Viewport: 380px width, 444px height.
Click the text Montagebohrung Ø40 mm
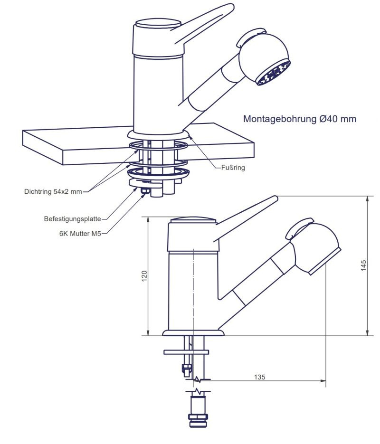299,119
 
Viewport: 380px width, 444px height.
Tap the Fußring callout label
233,167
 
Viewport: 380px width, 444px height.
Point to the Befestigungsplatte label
72,219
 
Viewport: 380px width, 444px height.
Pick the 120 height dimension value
144,276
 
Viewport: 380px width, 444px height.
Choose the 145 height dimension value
363,265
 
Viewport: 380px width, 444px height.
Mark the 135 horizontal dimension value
259,377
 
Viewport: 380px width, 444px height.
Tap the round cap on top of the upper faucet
158,24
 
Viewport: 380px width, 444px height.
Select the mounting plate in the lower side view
186,352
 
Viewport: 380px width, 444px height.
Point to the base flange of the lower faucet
193,332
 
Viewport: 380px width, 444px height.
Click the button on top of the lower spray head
299,227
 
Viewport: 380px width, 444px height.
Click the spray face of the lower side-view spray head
325,261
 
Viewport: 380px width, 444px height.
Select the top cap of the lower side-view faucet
193,220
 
